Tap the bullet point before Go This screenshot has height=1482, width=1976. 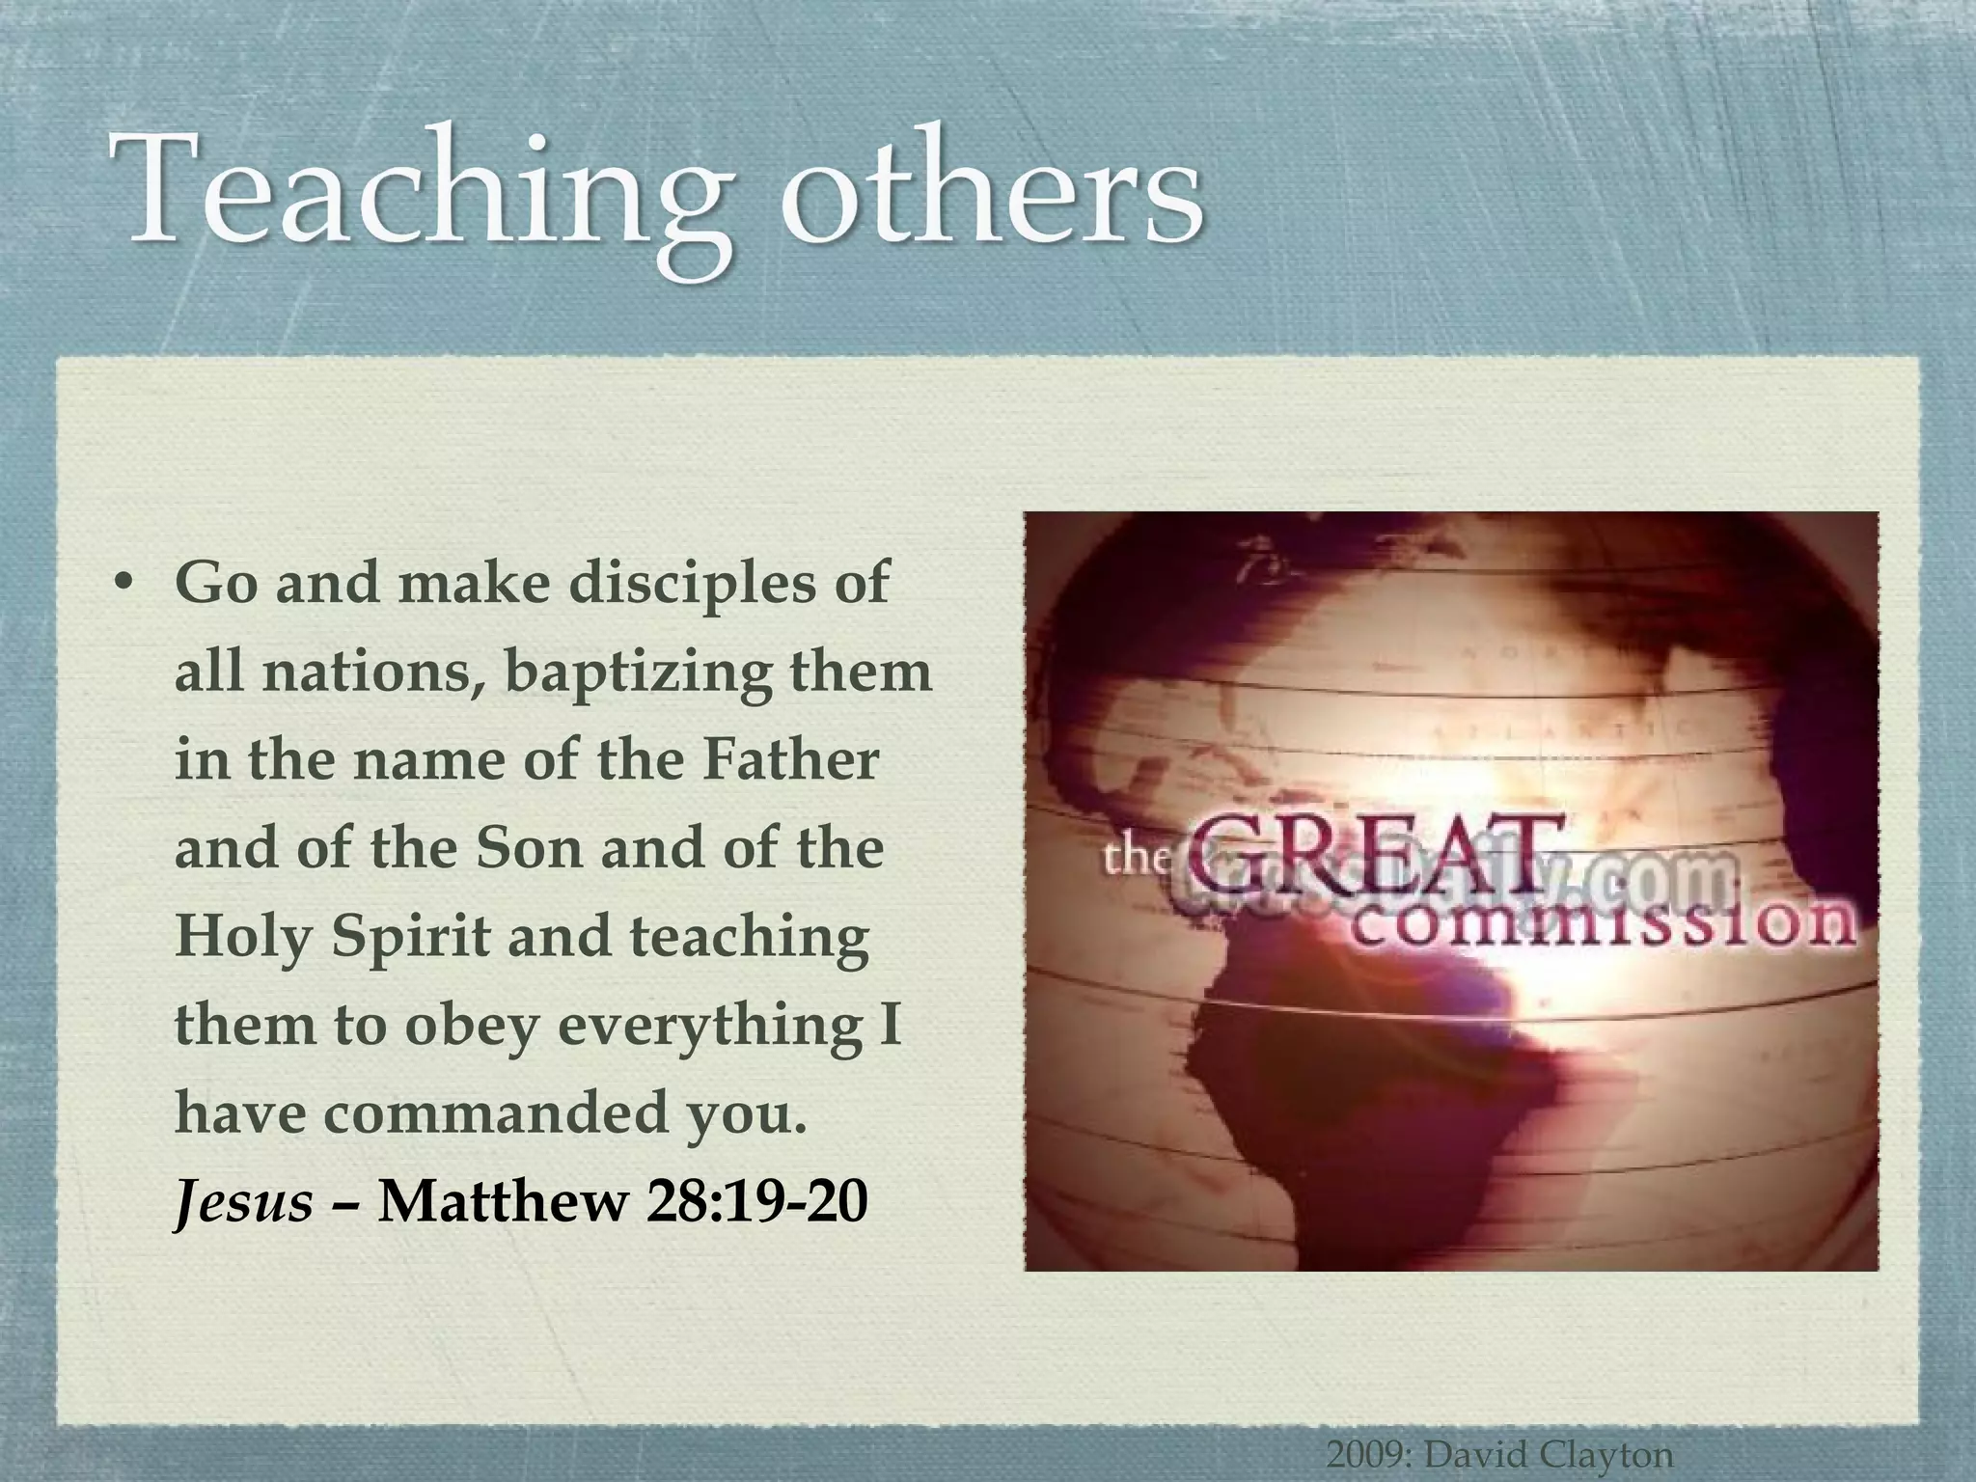point(122,586)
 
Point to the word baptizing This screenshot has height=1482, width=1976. point(638,672)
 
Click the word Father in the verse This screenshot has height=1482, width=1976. point(790,759)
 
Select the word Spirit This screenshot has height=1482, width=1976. point(411,937)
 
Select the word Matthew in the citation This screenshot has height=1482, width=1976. point(503,1201)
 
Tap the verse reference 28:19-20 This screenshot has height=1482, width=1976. point(757,1201)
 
